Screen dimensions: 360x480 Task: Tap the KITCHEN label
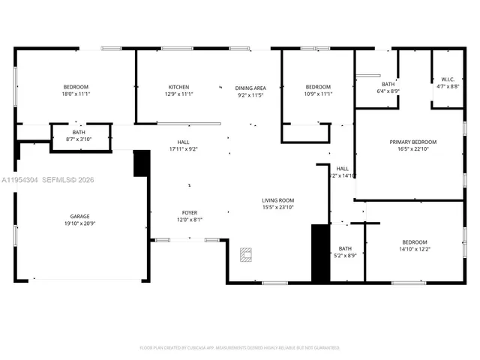178,87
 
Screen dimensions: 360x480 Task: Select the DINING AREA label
250,87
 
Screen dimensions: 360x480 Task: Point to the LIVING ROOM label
277,200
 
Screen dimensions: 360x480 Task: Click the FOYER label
189,212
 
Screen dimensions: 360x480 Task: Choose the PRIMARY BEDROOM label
412,142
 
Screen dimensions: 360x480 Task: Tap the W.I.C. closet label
448,79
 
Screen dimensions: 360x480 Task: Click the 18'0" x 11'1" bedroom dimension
76,94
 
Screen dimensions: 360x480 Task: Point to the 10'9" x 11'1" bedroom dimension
318,94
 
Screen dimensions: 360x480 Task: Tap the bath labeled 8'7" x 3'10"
79,136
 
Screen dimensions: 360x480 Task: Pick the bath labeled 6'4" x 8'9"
388,87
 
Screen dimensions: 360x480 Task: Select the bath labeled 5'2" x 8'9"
345,251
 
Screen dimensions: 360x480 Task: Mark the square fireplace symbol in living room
245,255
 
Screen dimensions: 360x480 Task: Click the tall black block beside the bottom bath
320,252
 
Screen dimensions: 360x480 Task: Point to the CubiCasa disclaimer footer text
240,348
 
